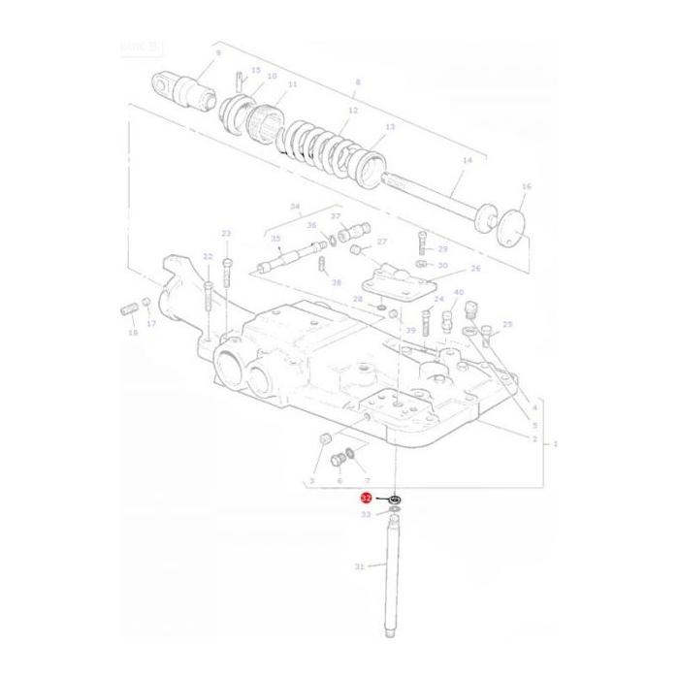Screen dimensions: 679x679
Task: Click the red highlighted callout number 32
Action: click(366, 497)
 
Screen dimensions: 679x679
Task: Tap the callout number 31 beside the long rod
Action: click(360, 567)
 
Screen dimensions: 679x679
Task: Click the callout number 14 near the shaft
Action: click(467, 160)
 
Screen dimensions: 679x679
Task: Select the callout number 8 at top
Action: click(357, 82)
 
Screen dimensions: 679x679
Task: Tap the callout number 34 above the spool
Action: click(295, 206)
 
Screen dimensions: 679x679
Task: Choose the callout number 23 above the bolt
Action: click(226, 234)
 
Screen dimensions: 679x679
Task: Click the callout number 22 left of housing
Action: click(207, 256)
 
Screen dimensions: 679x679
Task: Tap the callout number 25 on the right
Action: click(507, 324)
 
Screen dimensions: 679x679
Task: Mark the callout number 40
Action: click(458, 292)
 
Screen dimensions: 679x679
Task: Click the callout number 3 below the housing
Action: click(312, 480)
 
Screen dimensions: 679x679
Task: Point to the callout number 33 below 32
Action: click(366, 515)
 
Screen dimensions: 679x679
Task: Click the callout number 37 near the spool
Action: click(336, 216)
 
